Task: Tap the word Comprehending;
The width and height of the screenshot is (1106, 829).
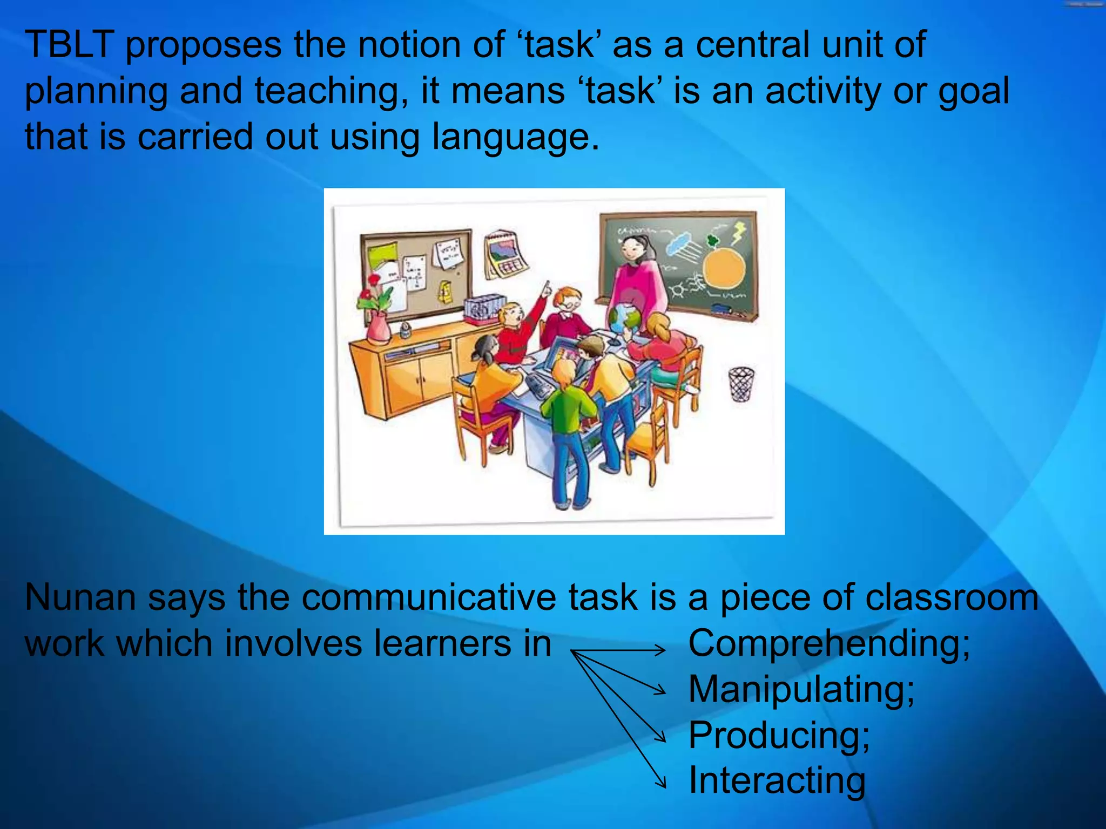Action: coord(829,644)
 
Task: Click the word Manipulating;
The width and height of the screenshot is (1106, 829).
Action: coord(801,690)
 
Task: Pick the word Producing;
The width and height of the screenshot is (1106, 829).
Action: coord(779,735)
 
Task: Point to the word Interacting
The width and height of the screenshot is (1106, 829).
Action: coord(777,780)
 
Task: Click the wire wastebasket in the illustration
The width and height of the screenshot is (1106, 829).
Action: coord(741,383)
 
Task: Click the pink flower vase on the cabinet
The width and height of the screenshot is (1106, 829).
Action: coord(379,327)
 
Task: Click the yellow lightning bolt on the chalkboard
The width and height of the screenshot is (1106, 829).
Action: coord(738,233)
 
